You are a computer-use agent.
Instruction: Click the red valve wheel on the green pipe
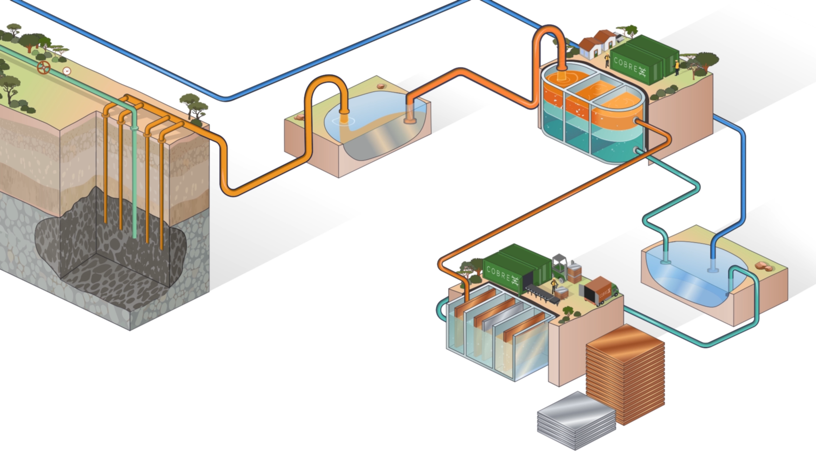[x=44, y=68]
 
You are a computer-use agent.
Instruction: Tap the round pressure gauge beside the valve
[x=67, y=71]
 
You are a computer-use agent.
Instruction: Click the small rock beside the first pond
[x=380, y=86]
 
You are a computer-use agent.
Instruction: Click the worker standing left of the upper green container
[x=607, y=60]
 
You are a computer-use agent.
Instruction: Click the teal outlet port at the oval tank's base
[x=636, y=150]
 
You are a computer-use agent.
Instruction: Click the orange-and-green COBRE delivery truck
[x=599, y=291]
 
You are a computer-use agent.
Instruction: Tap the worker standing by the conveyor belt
[x=554, y=286]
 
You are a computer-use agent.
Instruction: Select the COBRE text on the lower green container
[x=500, y=274]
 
